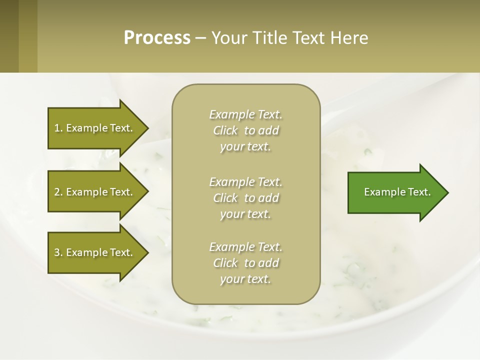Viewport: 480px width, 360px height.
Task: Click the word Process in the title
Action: click(x=157, y=38)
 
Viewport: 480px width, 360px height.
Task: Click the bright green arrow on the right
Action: click(x=395, y=192)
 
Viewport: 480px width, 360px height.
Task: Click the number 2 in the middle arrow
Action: click(x=57, y=192)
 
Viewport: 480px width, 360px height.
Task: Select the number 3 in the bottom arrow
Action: click(x=57, y=252)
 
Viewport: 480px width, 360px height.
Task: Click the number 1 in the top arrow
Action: click(x=57, y=128)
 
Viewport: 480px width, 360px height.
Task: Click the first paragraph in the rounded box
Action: click(x=245, y=130)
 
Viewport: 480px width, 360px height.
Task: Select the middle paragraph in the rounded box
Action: click(x=245, y=198)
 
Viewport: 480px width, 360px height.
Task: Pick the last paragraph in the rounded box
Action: click(x=245, y=263)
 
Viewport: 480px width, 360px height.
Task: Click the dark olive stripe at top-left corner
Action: click(x=9, y=36)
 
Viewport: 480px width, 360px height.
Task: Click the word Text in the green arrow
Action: click(x=419, y=192)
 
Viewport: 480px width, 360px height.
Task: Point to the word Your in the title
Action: click(x=229, y=38)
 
